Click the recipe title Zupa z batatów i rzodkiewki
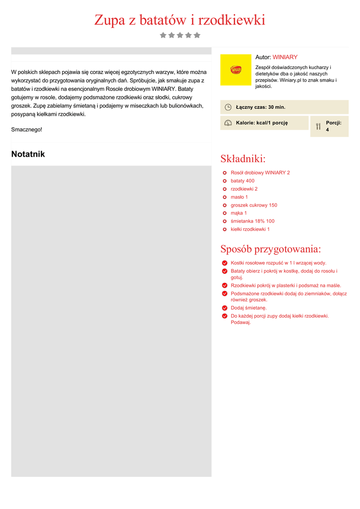point(180,20)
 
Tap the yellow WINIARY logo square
point(236,70)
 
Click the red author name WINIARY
point(285,57)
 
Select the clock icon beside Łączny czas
point(228,107)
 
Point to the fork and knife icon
point(318,126)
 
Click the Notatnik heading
point(28,154)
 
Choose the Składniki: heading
point(243,159)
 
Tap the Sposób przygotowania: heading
point(270,249)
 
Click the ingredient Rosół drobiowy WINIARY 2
point(260,172)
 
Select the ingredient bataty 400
point(242,181)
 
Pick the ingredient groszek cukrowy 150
point(254,205)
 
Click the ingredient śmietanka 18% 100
point(252,221)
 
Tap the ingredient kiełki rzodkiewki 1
point(250,229)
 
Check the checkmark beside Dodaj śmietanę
point(225,308)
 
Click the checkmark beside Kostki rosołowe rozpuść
point(225,263)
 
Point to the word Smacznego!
point(27,130)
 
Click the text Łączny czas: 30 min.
point(261,107)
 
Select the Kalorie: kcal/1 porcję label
point(262,123)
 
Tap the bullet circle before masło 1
point(225,197)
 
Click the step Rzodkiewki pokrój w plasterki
point(286,286)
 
